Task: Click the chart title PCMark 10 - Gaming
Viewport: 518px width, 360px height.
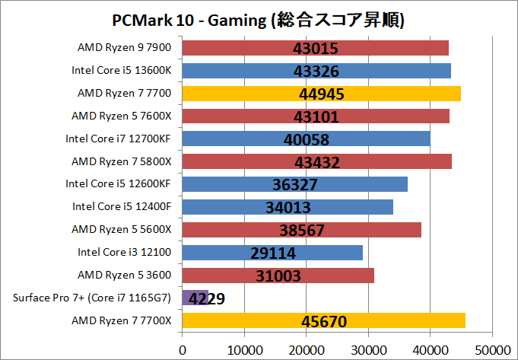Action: click(x=259, y=19)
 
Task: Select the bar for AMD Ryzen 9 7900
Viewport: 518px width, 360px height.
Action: click(x=316, y=49)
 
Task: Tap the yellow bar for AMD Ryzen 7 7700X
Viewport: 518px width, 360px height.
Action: click(x=324, y=321)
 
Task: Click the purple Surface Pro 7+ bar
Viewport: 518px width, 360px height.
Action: click(x=195, y=298)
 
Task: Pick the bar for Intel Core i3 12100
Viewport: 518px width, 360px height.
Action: click(x=272, y=253)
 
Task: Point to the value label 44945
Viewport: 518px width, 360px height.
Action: click(x=319, y=94)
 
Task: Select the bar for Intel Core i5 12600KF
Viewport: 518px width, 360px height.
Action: click(x=295, y=185)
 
